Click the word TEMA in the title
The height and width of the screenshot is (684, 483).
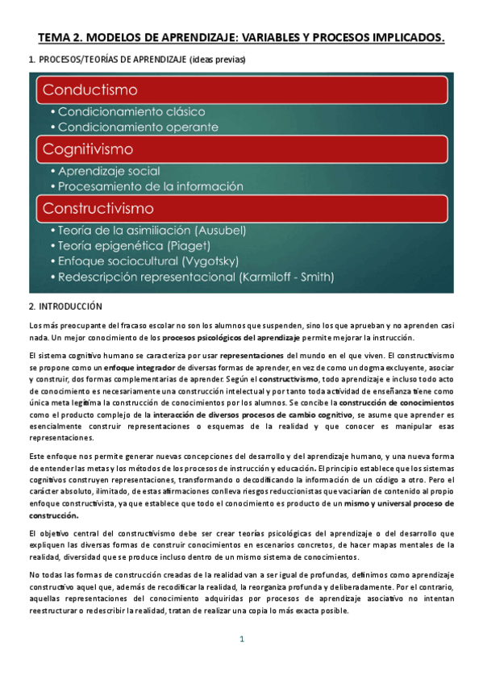pos(56,37)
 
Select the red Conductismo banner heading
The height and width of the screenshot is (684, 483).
pos(91,89)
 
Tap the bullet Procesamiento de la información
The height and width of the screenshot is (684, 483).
pos(150,186)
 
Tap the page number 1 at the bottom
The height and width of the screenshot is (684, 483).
pos(240,640)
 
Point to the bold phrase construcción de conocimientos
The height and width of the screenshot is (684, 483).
pos(389,402)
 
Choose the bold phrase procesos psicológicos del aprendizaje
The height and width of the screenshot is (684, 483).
pos(230,337)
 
